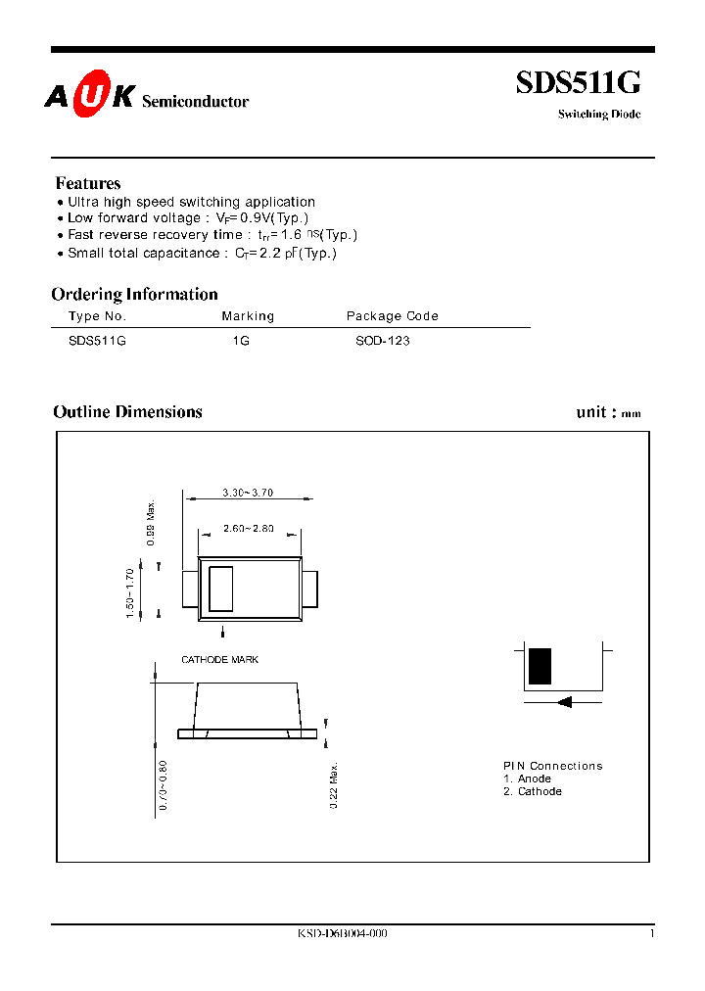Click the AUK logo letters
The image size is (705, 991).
click(x=88, y=99)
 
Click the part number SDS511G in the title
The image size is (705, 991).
click(x=578, y=85)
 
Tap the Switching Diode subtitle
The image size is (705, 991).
click(x=599, y=115)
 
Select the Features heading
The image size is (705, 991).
click(x=88, y=183)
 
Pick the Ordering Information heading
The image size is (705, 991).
click(x=134, y=294)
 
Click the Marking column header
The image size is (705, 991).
click(x=248, y=316)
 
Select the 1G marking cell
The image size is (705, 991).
click(x=241, y=341)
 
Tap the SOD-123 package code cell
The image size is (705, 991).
click(x=383, y=341)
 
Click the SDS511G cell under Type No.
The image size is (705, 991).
click(x=97, y=341)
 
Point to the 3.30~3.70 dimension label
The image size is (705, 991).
click(x=247, y=493)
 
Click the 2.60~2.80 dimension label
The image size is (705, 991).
click(x=248, y=529)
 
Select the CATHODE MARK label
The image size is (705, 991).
click(x=219, y=660)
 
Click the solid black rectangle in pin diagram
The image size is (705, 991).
click(x=540, y=666)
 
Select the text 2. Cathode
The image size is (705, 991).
click(x=533, y=791)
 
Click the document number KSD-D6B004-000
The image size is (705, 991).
click(x=343, y=934)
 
